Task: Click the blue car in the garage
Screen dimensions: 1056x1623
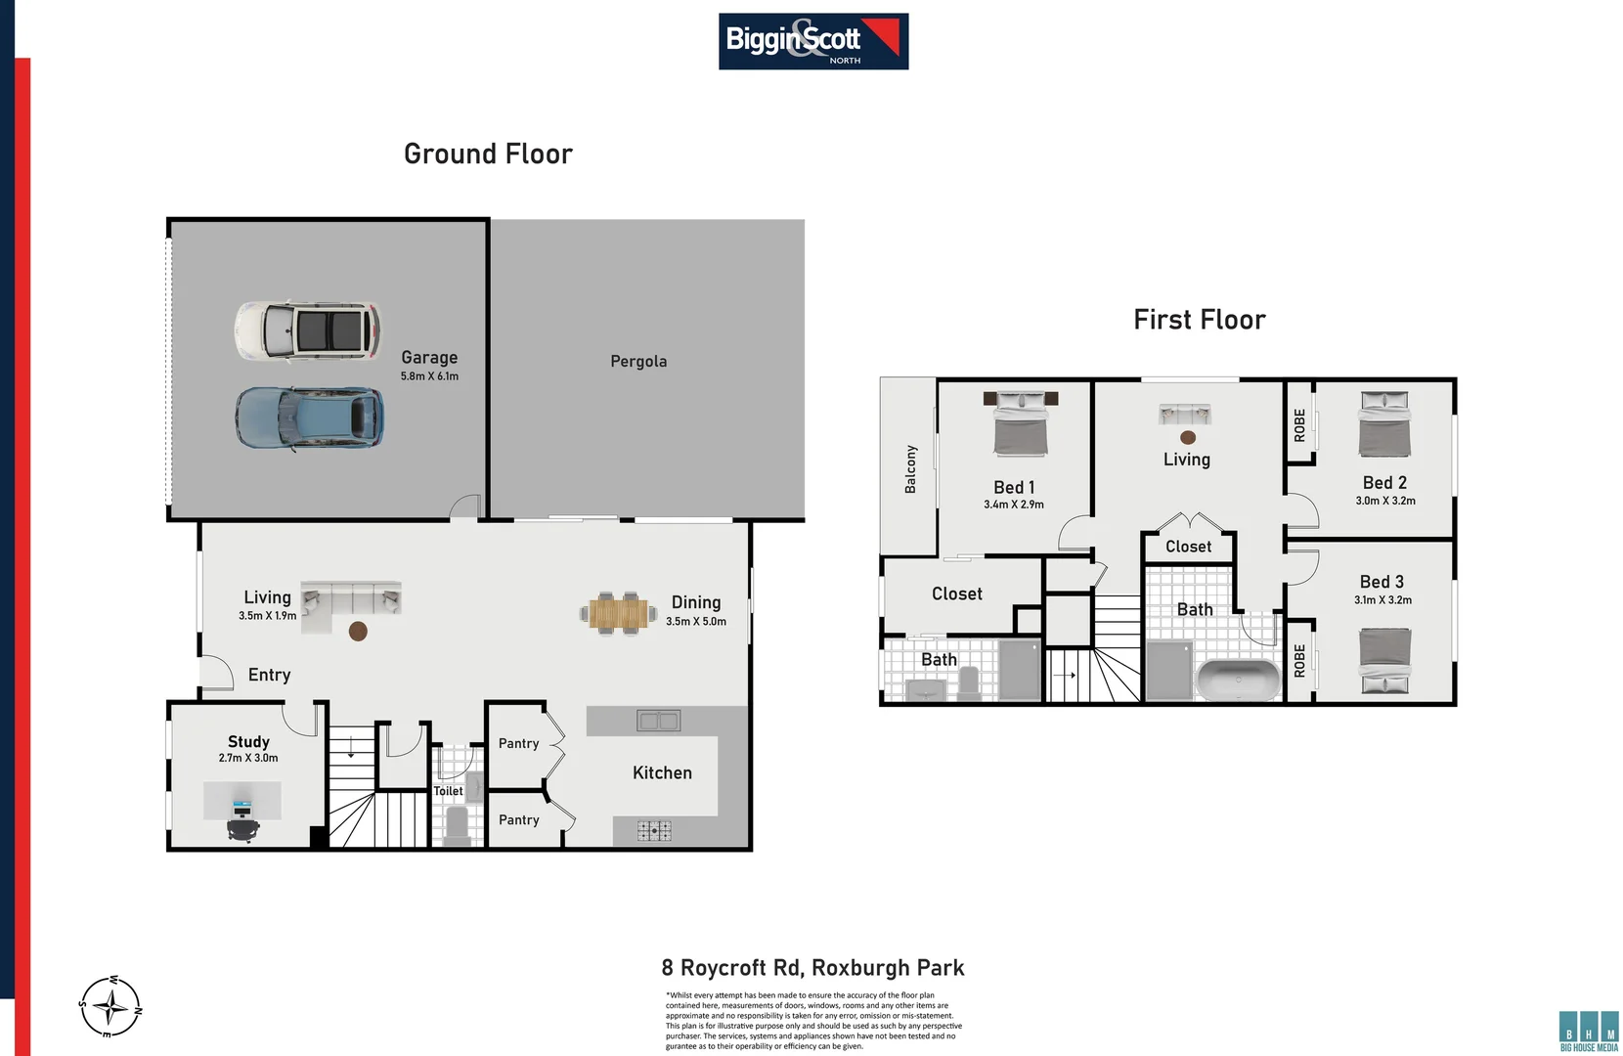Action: pos(309,418)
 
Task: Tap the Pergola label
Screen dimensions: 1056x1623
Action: pos(638,362)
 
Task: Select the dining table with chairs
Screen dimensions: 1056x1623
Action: pos(618,614)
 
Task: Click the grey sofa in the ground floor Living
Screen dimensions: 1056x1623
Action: pos(350,599)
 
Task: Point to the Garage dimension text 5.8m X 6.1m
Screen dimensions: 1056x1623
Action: pos(429,376)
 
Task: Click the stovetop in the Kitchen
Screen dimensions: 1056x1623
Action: pos(654,831)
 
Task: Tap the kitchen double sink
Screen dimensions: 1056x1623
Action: pos(658,722)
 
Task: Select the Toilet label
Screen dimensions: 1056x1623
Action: pos(448,791)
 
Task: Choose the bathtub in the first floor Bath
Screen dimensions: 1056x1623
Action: pos(1238,680)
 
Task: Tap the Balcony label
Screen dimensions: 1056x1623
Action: pos(910,469)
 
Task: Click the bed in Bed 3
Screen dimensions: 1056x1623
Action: pos(1385,661)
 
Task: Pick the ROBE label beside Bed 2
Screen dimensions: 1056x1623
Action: pos(1299,424)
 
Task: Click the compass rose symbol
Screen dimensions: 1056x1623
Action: pos(110,1005)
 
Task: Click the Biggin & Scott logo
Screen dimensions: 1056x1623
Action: pos(812,41)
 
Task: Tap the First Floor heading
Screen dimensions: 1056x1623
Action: pos(1199,320)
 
